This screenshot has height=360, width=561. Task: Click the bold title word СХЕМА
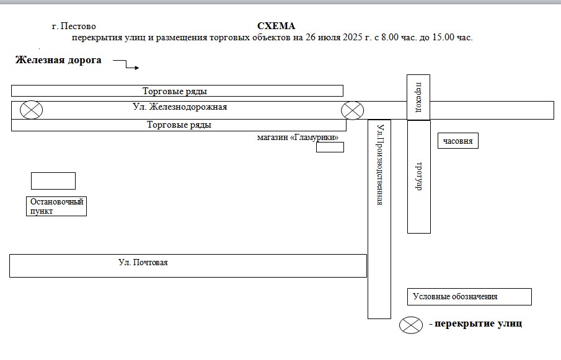point(276,26)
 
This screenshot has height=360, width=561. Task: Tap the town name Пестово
point(78,26)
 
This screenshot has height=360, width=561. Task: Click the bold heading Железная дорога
point(58,60)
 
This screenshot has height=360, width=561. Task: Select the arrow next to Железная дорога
point(126,64)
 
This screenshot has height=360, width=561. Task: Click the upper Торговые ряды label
point(175,91)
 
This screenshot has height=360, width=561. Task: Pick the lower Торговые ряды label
point(179,125)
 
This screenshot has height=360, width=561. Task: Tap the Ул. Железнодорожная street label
point(180,107)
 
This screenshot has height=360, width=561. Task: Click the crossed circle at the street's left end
point(31,110)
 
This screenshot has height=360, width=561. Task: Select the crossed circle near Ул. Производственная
point(353,110)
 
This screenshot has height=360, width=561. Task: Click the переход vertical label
point(418,97)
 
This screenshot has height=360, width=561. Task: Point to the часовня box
point(458,141)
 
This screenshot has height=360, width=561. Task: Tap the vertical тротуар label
point(418,177)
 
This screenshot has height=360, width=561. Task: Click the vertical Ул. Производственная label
point(380,165)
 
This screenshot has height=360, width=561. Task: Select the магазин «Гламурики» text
point(298,138)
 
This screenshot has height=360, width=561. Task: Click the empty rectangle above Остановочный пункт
point(53,181)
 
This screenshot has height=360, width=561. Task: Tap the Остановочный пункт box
point(56,206)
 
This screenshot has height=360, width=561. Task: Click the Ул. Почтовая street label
point(143,262)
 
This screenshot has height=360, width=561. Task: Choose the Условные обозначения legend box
point(469,297)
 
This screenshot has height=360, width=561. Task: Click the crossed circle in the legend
point(411,325)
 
